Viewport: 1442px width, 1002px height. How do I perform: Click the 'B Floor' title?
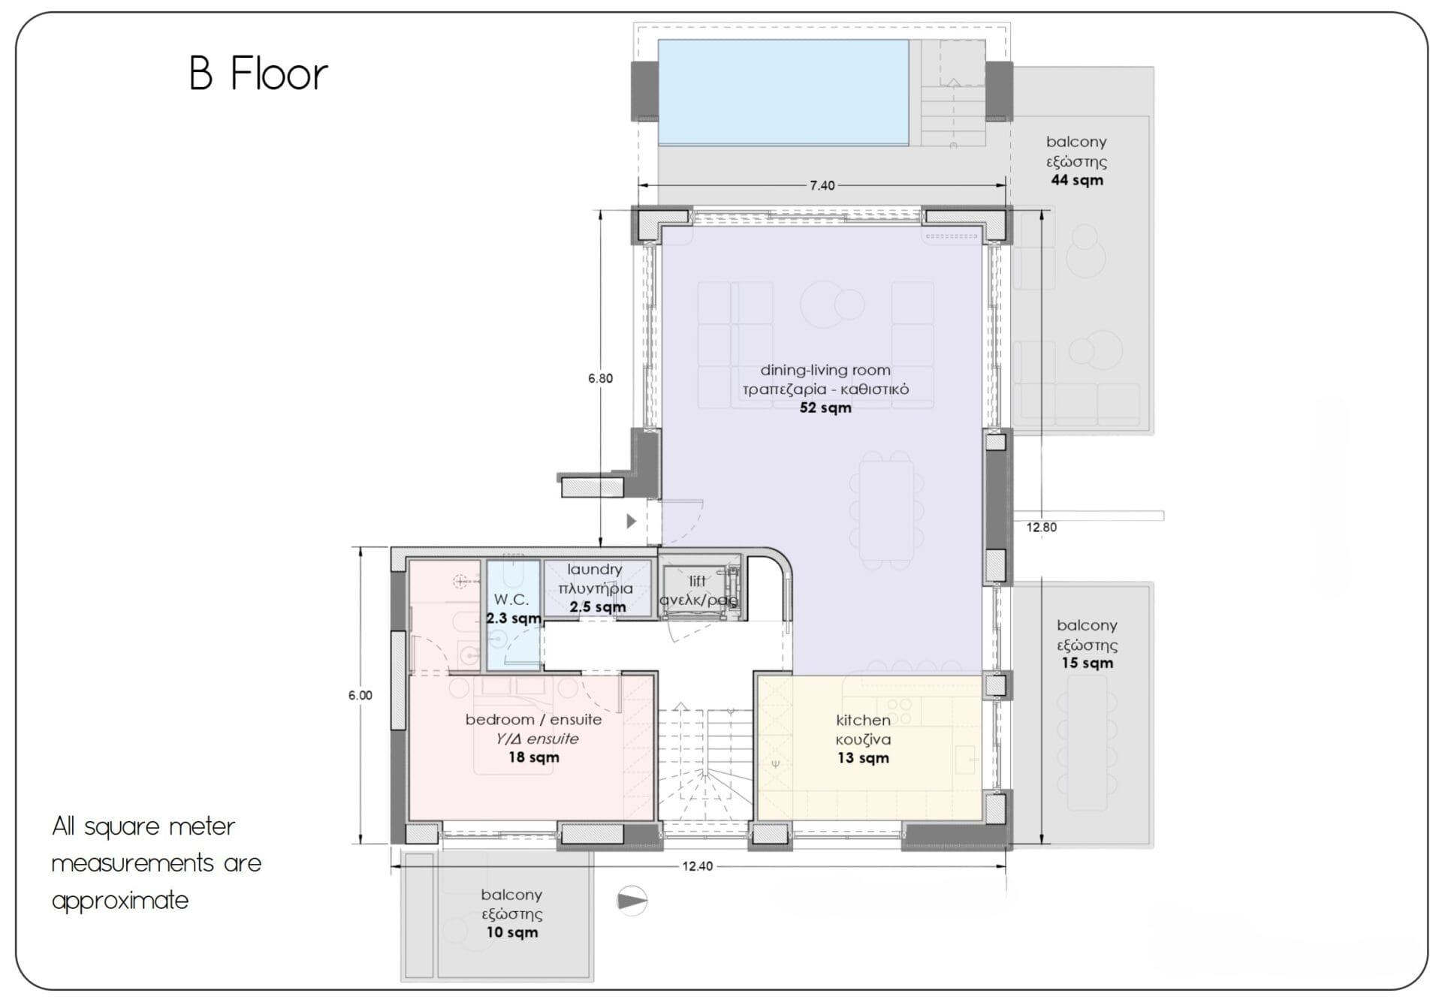pyautogui.click(x=258, y=74)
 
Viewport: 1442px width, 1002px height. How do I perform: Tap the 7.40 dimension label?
pyautogui.click(x=822, y=185)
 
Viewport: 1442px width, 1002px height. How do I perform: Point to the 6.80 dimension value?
pyautogui.click(x=600, y=378)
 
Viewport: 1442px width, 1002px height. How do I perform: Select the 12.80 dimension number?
pyautogui.click(x=1042, y=527)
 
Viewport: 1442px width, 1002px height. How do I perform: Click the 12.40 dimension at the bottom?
pyautogui.click(x=697, y=866)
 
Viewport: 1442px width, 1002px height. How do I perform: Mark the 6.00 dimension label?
pyautogui.click(x=360, y=695)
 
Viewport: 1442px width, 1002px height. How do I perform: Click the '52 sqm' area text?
pyautogui.click(x=825, y=408)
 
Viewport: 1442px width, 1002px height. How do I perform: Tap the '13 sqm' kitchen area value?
pyautogui.click(x=863, y=758)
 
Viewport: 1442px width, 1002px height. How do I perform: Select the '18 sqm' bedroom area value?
pyautogui.click(x=533, y=757)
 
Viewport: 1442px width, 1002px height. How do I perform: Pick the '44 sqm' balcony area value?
pyautogui.click(x=1077, y=180)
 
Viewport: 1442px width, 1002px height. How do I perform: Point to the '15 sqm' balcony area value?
pyautogui.click(x=1087, y=663)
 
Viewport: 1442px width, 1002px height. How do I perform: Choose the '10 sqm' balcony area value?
pyautogui.click(x=511, y=932)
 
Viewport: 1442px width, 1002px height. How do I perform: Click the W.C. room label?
pyautogui.click(x=511, y=600)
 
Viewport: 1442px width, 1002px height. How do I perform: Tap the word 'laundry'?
pyautogui.click(x=594, y=570)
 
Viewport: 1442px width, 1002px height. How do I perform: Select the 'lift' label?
pyautogui.click(x=697, y=581)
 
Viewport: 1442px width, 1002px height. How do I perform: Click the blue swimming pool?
pyautogui.click(x=783, y=92)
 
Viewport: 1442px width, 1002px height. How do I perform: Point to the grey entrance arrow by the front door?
pyautogui.click(x=631, y=521)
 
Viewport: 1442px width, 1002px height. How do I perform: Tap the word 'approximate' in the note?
pyautogui.click(x=120, y=901)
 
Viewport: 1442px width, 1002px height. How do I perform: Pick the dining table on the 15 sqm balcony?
pyautogui.click(x=1087, y=743)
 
